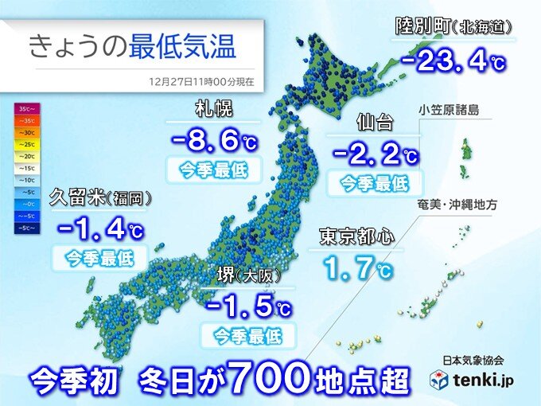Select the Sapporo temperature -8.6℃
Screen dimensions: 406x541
coord(213,141)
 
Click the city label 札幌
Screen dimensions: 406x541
coord(212,111)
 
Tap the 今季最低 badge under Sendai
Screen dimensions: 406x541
coord(374,183)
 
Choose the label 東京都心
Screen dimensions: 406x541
coord(356,236)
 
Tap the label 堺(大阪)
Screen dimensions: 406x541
coord(248,275)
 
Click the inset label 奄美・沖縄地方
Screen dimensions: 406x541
coord(477,205)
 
